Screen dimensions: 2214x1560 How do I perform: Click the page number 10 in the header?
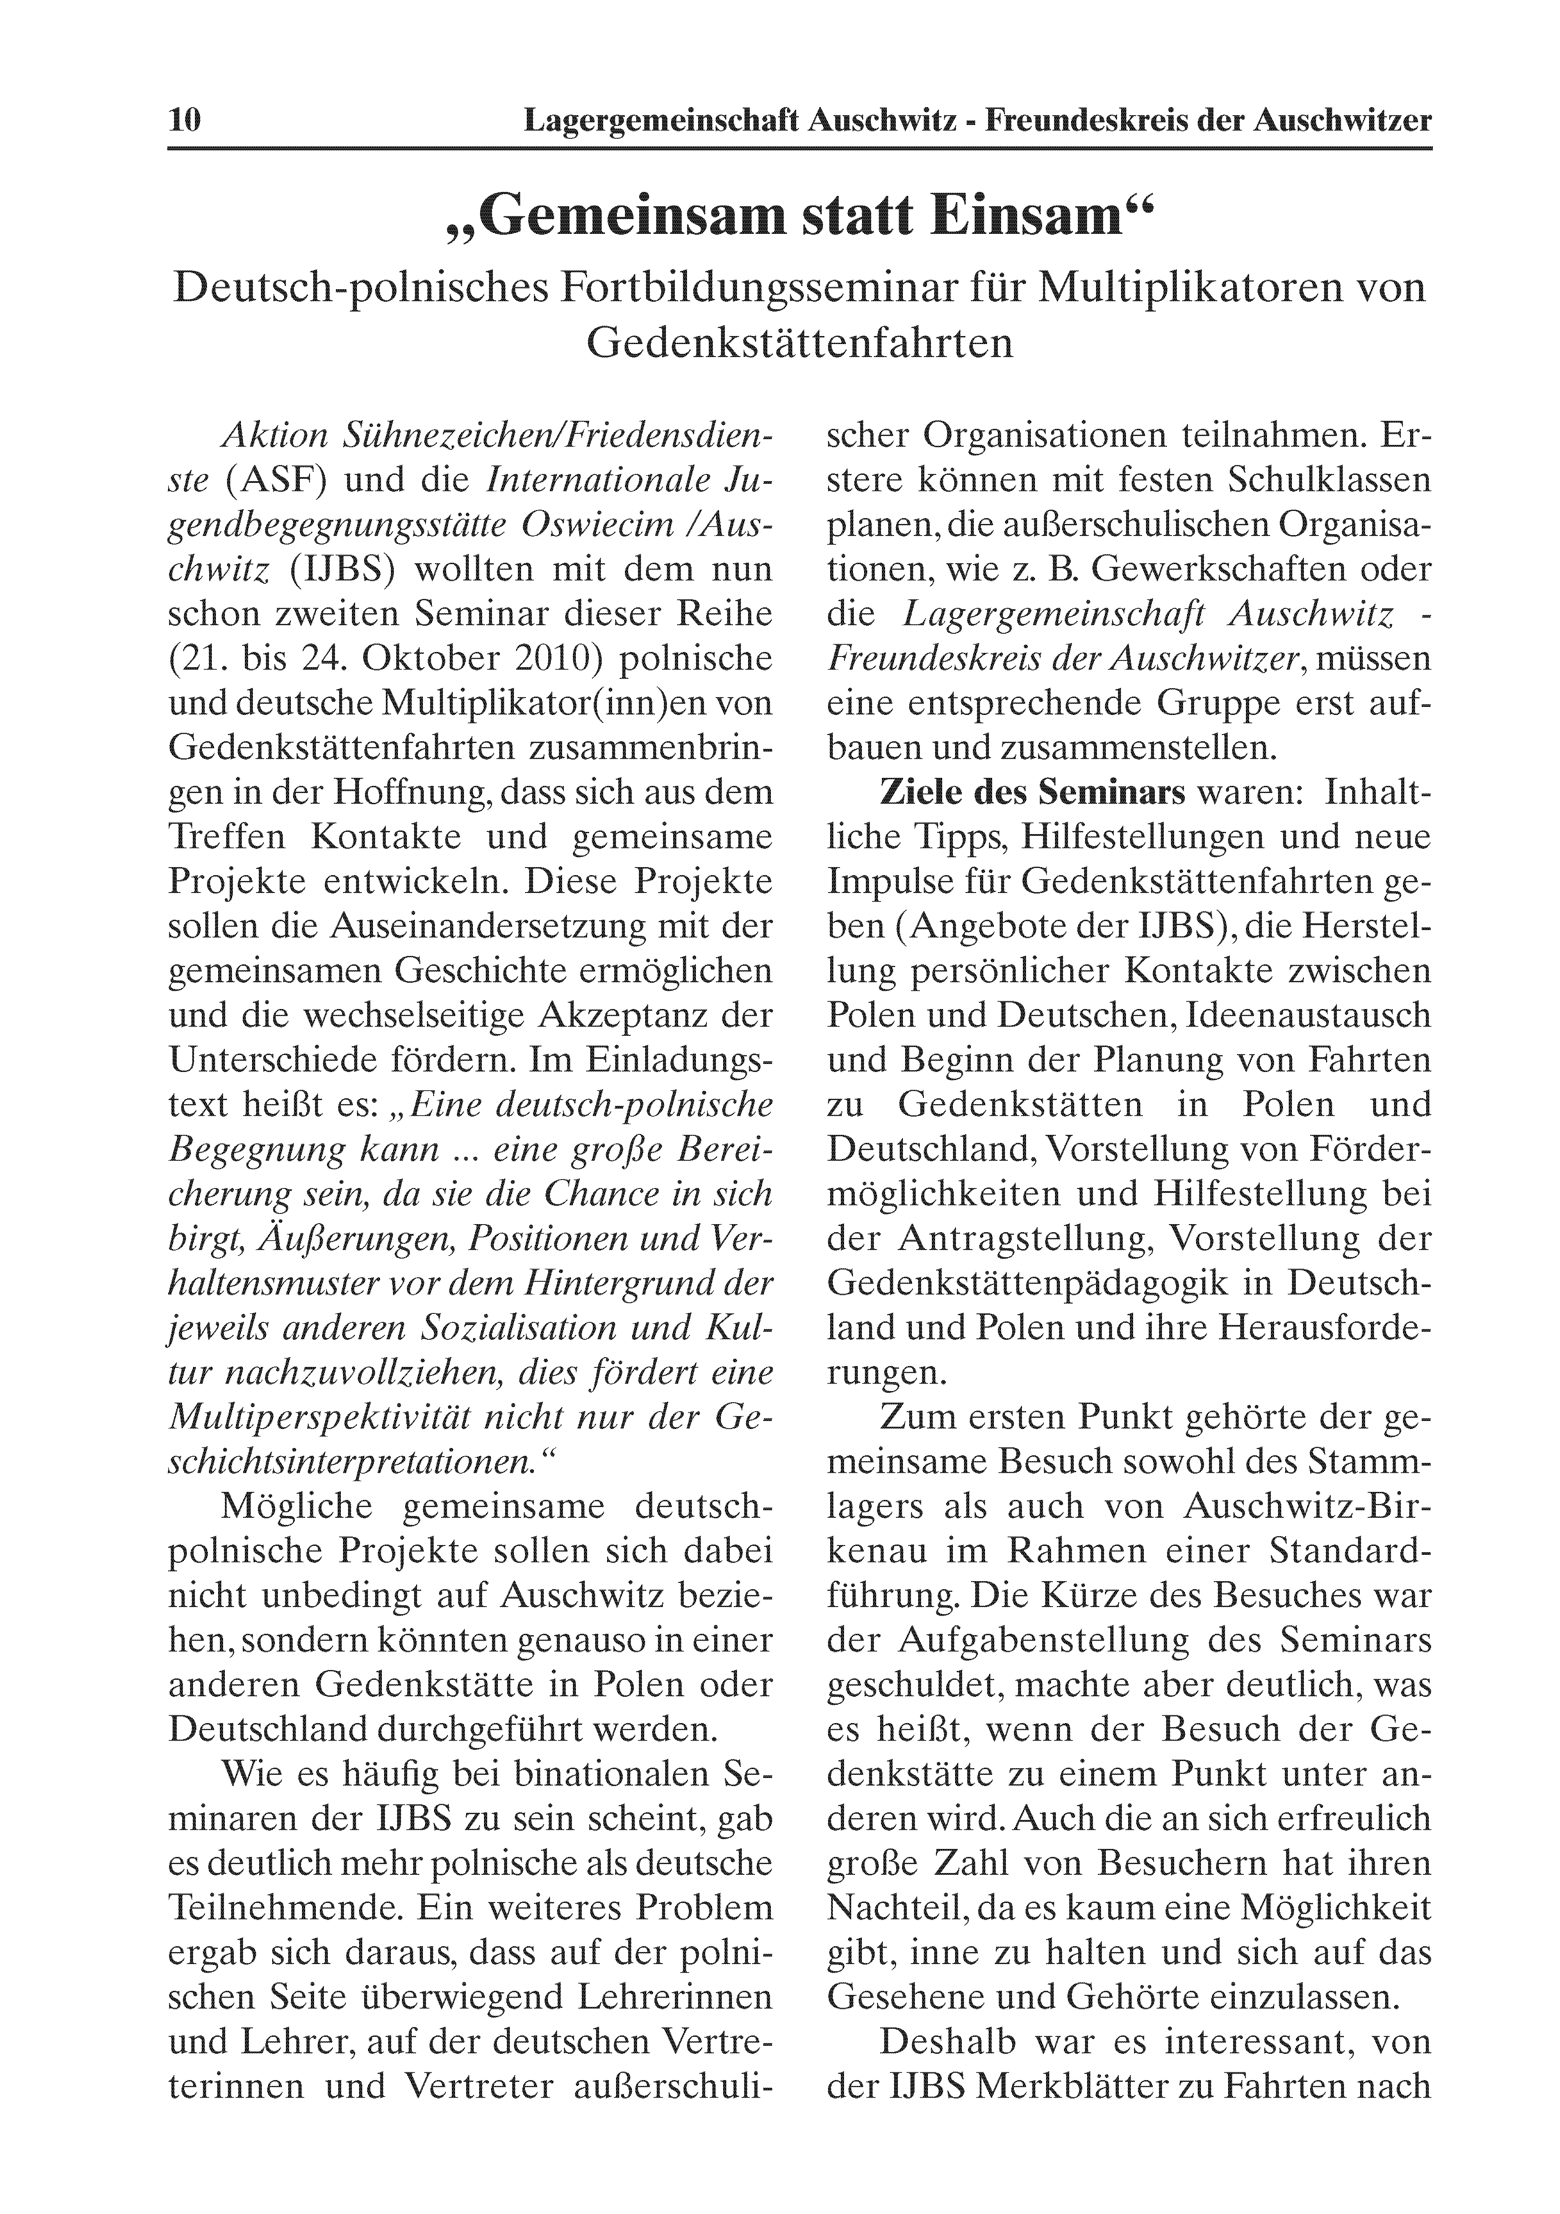[184, 120]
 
